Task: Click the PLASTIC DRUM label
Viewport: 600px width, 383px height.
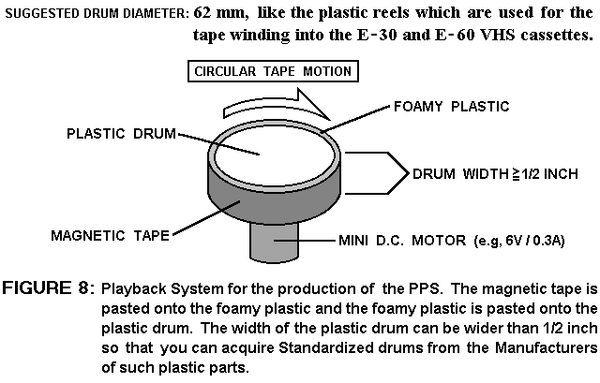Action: pos(121,133)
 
